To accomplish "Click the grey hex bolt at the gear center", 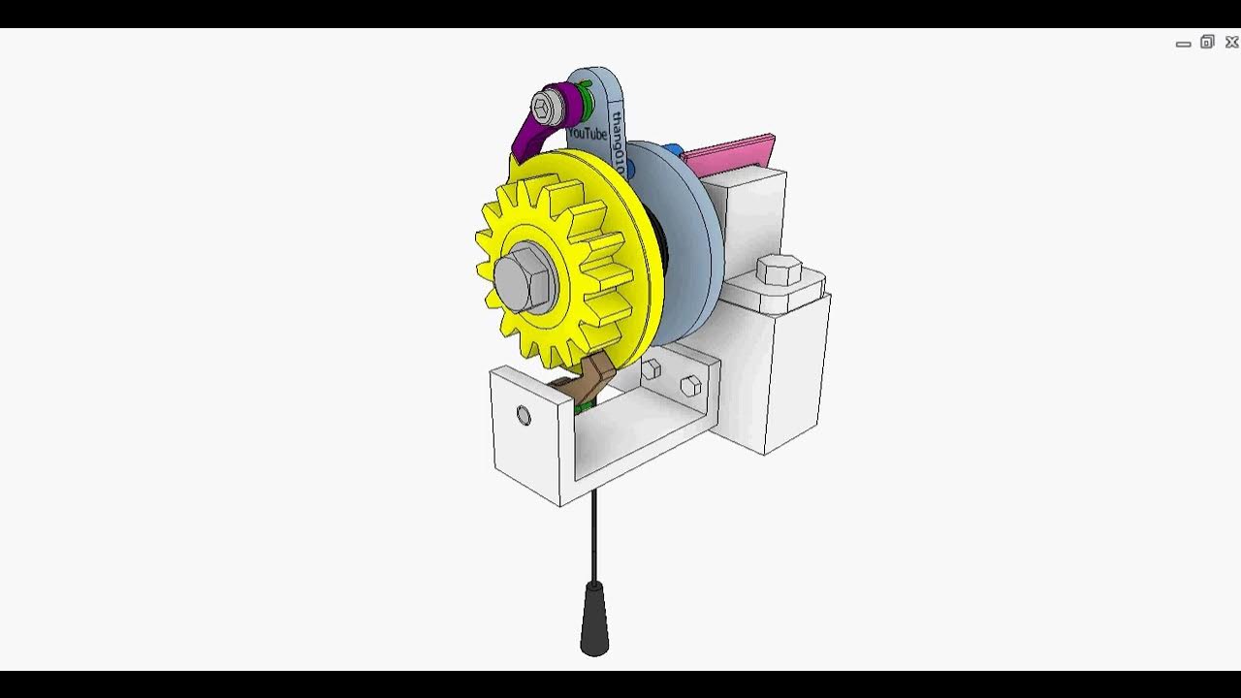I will click(x=521, y=277).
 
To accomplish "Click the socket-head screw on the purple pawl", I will click(x=546, y=105).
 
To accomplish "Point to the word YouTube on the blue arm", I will click(x=588, y=132).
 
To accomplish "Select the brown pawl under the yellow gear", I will click(x=591, y=382).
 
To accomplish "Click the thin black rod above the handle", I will click(x=594, y=533).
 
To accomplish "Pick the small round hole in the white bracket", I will click(x=524, y=416).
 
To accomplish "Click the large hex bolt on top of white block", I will click(x=779, y=270).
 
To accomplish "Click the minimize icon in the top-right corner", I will click(x=1183, y=44).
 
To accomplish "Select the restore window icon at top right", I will click(x=1207, y=42).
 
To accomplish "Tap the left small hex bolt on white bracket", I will click(x=652, y=368).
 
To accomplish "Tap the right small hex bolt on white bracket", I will click(x=690, y=386).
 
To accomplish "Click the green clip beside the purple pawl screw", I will click(x=585, y=97).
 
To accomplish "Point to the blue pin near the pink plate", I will click(x=672, y=151).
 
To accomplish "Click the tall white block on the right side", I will click(x=790, y=368).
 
